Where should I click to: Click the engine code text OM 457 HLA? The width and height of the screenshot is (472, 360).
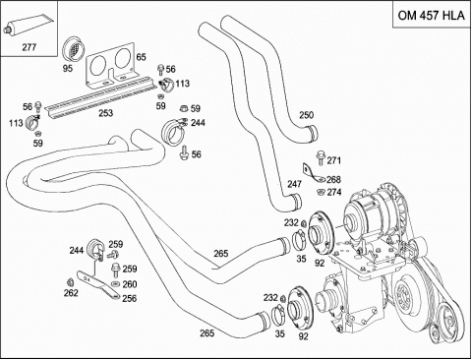(x=431, y=16)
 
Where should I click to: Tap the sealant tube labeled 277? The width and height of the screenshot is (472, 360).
(x=28, y=26)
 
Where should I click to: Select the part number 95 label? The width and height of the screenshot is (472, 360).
(x=68, y=69)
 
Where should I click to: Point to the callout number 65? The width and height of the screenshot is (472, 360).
(x=141, y=57)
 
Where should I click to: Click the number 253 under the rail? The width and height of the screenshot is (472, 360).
(x=106, y=113)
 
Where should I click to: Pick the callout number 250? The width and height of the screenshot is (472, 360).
(x=306, y=115)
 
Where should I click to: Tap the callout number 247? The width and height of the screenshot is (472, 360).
(x=294, y=184)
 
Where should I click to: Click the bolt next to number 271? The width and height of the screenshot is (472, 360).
(x=321, y=158)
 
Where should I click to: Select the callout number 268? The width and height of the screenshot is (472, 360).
(x=333, y=180)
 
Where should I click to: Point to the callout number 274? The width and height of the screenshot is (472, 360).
(x=333, y=192)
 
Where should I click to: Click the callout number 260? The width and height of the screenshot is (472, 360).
(x=130, y=284)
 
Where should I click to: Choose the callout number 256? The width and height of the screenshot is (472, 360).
(x=130, y=299)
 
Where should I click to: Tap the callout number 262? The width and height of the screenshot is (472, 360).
(x=71, y=293)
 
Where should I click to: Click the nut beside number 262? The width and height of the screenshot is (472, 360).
(x=70, y=282)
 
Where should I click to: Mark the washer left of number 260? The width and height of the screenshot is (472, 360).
(x=115, y=283)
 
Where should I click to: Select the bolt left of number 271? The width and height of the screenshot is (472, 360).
(x=321, y=158)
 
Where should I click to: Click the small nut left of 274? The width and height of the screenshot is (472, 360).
(x=321, y=192)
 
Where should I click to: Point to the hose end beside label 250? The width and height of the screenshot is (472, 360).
(x=312, y=134)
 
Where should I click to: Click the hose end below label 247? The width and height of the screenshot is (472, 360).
(x=296, y=201)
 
